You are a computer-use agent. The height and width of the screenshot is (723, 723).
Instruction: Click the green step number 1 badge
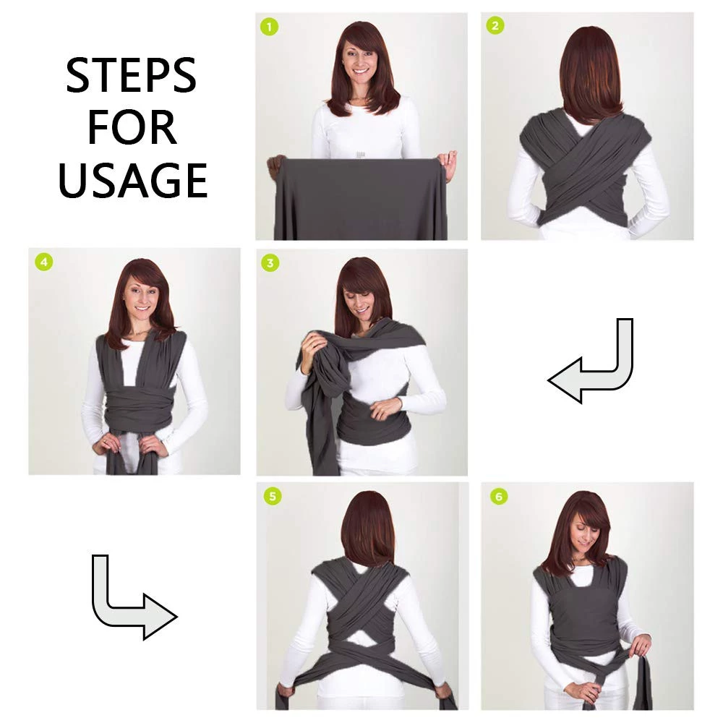[269, 27]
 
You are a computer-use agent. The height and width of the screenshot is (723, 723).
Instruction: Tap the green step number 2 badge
[495, 25]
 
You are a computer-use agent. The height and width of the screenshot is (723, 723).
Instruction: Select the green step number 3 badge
[270, 263]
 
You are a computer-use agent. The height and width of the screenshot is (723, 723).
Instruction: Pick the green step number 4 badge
[44, 262]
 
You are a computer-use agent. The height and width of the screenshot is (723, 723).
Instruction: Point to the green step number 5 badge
[273, 496]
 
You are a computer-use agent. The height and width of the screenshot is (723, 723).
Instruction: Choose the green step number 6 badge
[499, 496]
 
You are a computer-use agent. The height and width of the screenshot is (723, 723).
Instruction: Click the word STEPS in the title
[132, 76]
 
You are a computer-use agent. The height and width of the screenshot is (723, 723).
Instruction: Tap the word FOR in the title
[132, 127]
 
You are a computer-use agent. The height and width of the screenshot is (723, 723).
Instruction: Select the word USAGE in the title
[133, 180]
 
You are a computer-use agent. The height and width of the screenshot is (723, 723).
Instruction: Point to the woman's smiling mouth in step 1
[359, 72]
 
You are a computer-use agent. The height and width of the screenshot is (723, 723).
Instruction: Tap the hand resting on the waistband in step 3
[386, 408]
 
